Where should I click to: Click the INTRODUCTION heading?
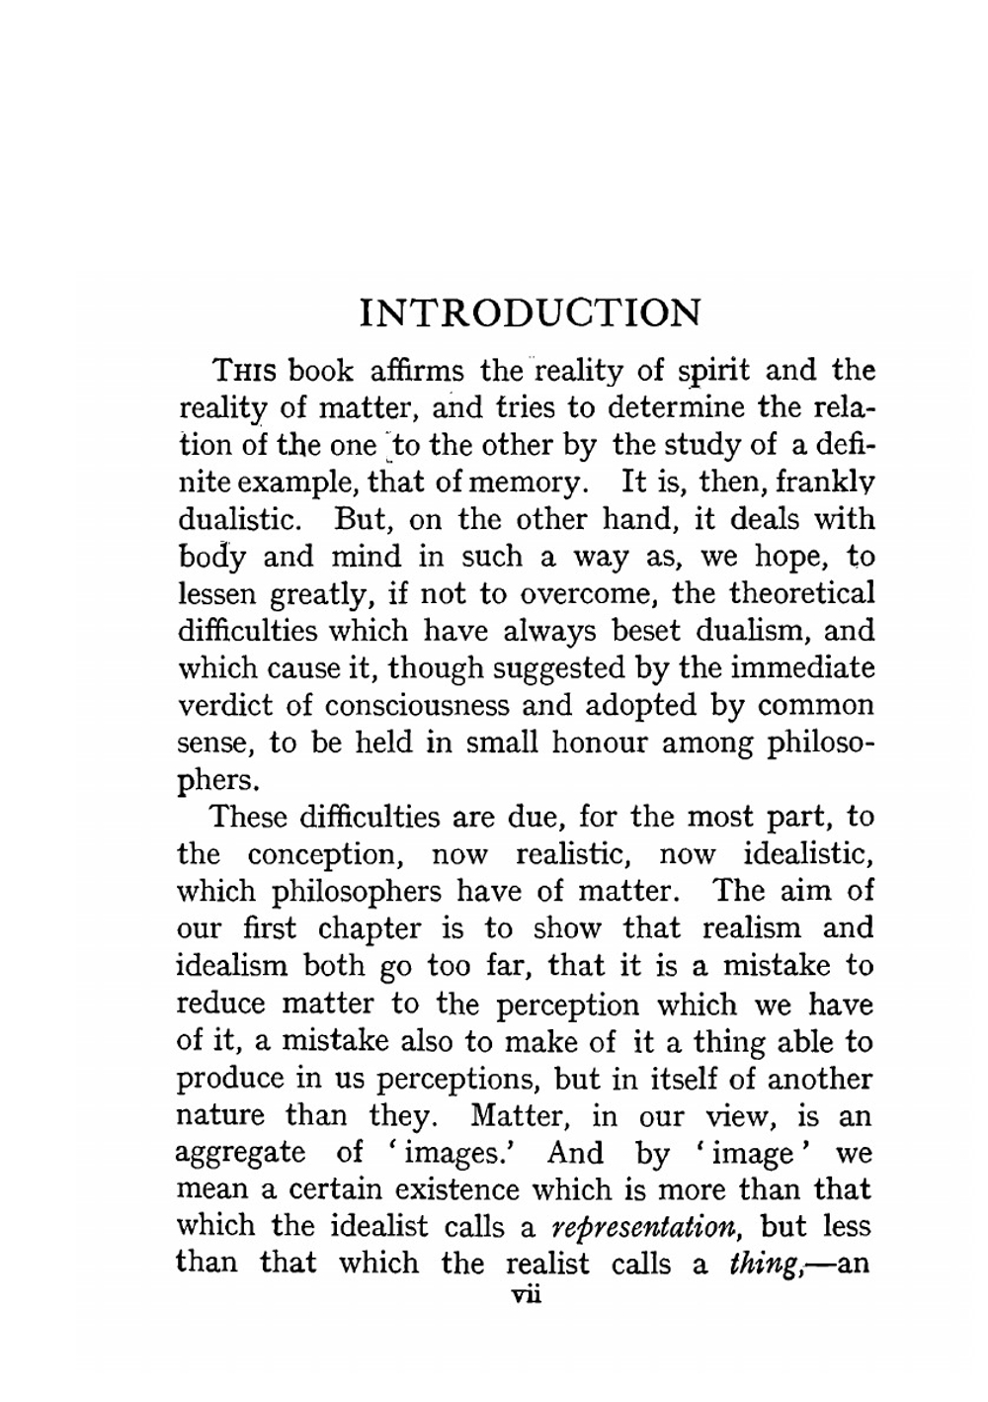click(x=530, y=312)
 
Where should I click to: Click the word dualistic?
click(x=246, y=519)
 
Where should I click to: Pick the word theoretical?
click(x=801, y=593)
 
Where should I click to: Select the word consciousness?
click(x=416, y=705)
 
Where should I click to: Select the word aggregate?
click(x=240, y=1153)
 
